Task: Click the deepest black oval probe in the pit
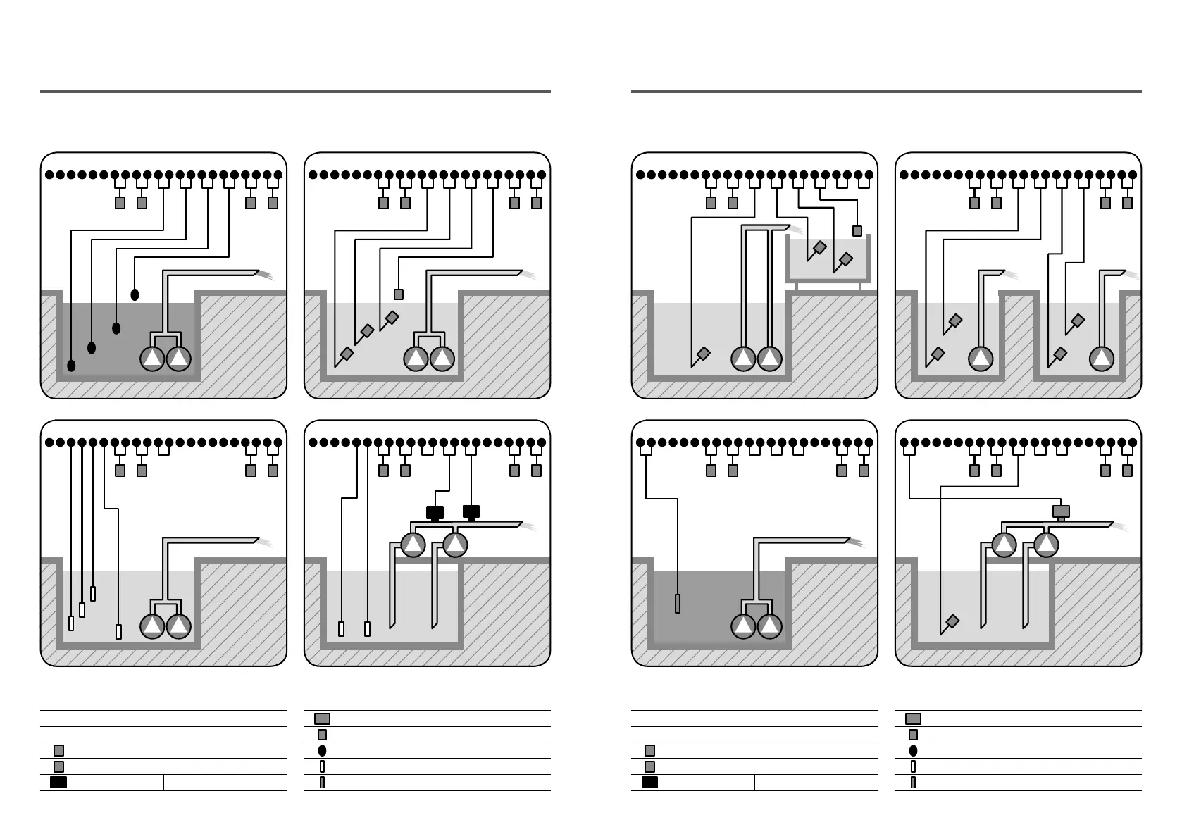[x=71, y=366]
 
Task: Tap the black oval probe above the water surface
[x=135, y=294]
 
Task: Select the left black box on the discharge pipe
[x=435, y=512]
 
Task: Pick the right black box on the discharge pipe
[x=471, y=511]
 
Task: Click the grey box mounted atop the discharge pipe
[x=1060, y=511]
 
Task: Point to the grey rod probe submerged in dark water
[x=678, y=604]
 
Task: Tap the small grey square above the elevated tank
[x=857, y=230]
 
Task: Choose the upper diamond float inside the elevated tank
[x=820, y=247]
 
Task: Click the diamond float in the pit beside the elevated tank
[x=703, y=353]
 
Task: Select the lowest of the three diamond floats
[x=347, y=353]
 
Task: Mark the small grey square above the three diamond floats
[x=399, y=294]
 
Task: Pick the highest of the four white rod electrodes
[x=93, y=594]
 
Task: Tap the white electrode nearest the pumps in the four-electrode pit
[x=118, y=631]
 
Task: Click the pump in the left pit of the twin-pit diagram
[x=981, y=359]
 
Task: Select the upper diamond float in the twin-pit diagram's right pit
[x=1078, y=321]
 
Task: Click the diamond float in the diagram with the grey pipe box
[x=952, y=621]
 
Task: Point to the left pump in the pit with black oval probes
[x=152, y=359]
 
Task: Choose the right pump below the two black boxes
[x=456, y=545]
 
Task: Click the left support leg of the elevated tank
[x=797, y=286]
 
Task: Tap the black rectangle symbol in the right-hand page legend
[x=649, y=782]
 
